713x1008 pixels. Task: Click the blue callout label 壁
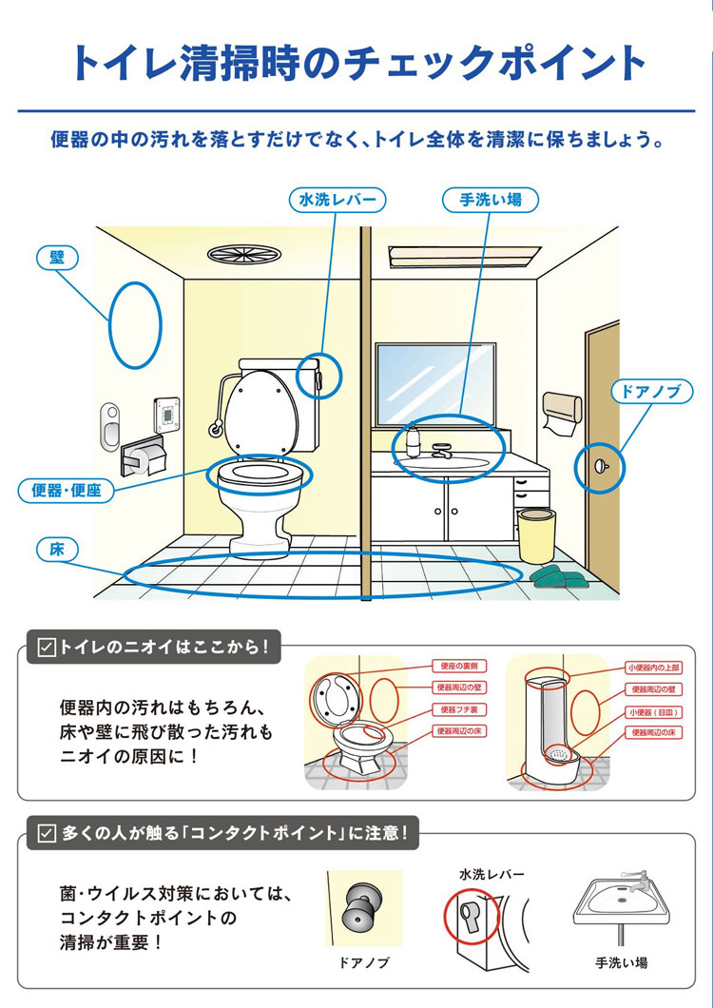point(57,257)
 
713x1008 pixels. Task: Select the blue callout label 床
point(57,549)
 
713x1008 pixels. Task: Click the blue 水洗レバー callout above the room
point(337,200)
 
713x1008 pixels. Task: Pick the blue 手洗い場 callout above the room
point(490,200)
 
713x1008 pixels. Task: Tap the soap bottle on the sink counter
point(414,439)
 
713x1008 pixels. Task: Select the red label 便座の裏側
point(461,667)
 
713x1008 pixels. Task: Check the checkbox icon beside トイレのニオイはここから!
point(44,648)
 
